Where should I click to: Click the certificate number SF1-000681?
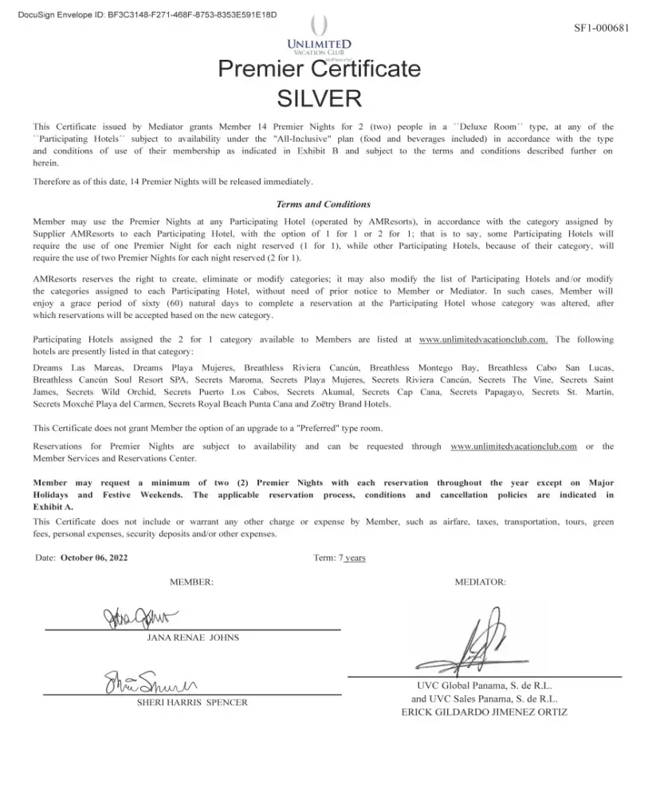tap(602, 28)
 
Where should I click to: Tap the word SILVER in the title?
tap(319, 98)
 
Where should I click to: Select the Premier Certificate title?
tap(319, 69)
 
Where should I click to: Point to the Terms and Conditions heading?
tap(323, 204)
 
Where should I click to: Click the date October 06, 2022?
tap(94, 558)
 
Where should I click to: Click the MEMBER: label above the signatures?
tap(191, 583)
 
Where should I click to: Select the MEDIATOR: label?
tap(480, 583)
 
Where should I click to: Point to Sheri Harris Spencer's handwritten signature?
tap(151, 683)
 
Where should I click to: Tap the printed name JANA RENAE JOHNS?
tap(193, 638)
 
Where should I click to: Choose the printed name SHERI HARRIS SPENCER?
tap(192, 703)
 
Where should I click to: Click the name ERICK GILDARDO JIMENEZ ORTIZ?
tap(484, 712)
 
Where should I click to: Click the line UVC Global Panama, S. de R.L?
tap(484, 685)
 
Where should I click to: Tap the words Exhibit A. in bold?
tap(53, 506)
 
